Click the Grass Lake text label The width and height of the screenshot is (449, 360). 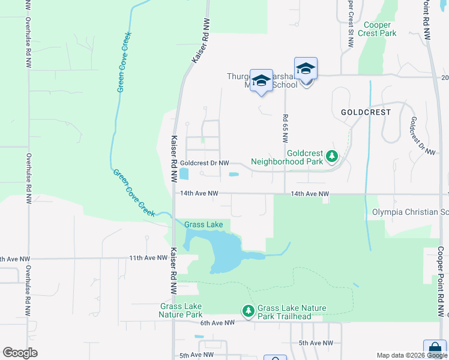coord(203,225)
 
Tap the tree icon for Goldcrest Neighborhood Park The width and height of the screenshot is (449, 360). coord(331,157)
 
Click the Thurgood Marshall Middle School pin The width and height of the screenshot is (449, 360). coord(261,82)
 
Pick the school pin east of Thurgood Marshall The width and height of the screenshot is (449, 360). coord(306,69)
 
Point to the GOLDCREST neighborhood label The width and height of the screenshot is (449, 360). coord(366,112)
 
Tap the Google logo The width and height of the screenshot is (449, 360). coord(20,352)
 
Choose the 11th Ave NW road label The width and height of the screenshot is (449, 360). coord(148,258)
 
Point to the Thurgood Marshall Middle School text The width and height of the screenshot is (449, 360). coord(262,80)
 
